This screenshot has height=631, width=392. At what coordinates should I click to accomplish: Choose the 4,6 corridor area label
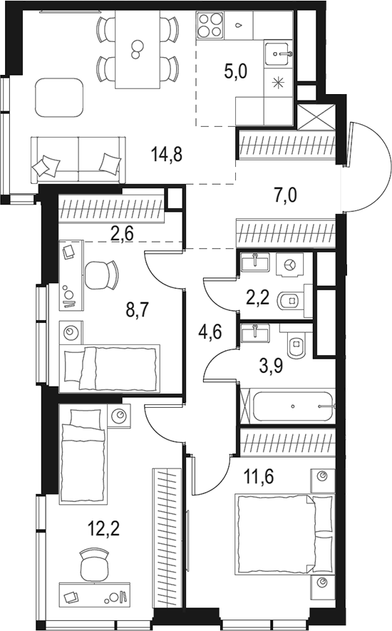(210, 332)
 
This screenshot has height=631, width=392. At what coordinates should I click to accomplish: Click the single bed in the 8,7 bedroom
(109, 367)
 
